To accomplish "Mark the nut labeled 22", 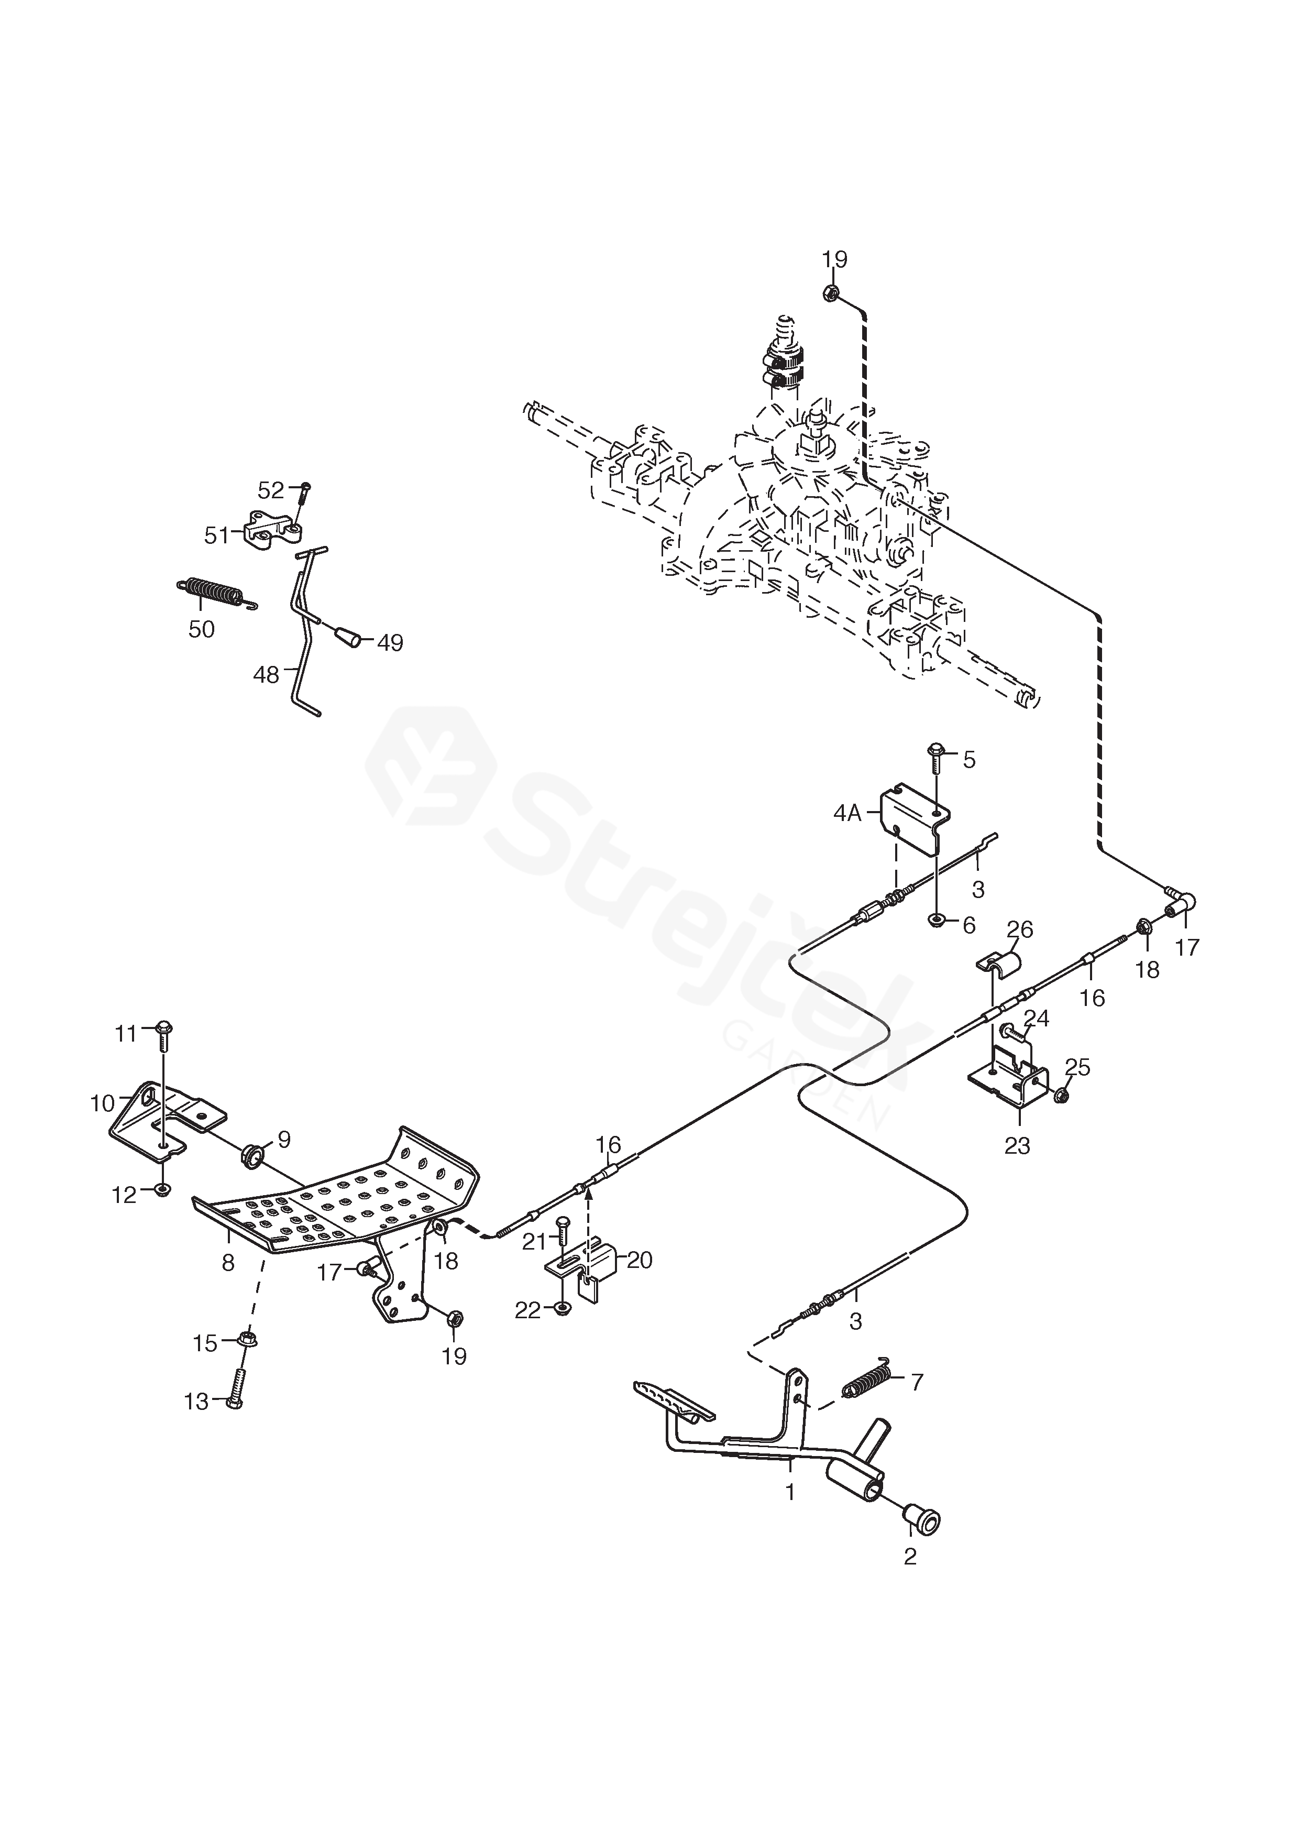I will (x=562, y=1310).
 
